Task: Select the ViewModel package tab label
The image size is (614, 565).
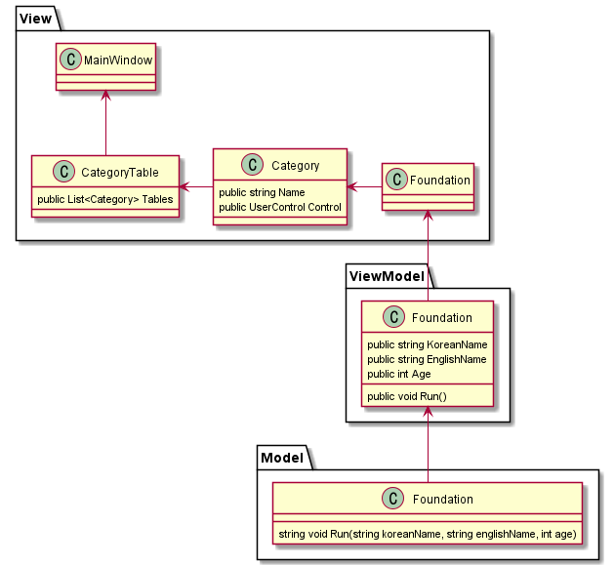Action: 383,275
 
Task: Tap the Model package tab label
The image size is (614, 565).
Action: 283,457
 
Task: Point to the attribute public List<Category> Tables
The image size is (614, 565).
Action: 104,199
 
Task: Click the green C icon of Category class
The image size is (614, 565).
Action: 253,166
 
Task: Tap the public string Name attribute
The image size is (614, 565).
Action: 262,192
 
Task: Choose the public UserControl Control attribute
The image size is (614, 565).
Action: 280,207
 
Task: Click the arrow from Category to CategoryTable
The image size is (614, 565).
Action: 195,186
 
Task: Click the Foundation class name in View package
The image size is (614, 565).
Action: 439,180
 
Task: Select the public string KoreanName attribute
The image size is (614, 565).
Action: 427,344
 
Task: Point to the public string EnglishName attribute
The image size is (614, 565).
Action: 427,359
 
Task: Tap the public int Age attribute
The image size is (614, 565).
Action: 398,374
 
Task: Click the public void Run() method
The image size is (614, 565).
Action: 405,396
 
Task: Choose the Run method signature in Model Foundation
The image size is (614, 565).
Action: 427,534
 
